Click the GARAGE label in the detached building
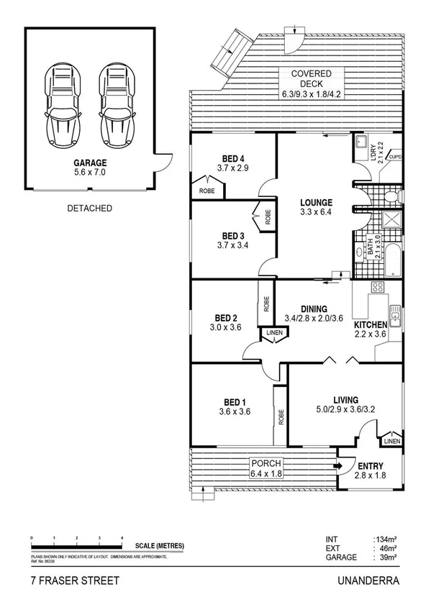click(89, 163)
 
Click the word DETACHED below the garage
click(89, 209)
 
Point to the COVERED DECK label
click(311, 74)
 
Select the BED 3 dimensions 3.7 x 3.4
click(233, 245)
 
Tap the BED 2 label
click(226, 318)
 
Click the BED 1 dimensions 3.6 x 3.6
click(233, 412)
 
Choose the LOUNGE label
click(316, 203)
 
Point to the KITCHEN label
click(371, 324)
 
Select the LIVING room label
click(345, 400)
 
